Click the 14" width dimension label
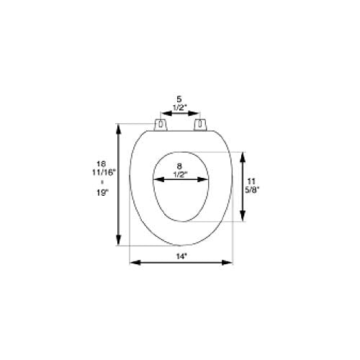[x=181, y=256]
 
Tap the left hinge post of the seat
[x=161, y=125]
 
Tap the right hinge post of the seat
[x=200, y=125]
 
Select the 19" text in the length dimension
[x=102, y=192]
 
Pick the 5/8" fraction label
[x=251, y=189]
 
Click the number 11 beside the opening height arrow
[x=251, y=181]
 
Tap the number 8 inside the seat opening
[x=179, y=166]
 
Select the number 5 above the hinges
[x=179, y=99]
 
